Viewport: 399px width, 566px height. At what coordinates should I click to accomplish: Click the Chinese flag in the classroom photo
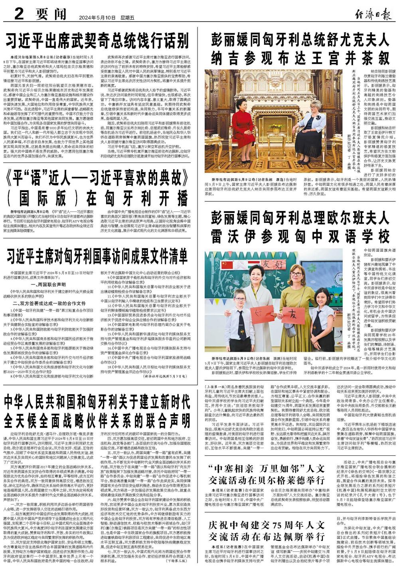(227, 265)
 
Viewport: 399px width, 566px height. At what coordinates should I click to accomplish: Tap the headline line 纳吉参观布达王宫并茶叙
(300, 58)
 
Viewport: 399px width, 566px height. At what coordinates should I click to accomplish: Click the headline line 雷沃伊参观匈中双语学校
(300, 236)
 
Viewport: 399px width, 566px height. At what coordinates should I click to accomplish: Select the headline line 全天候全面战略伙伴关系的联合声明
(97, 419)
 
